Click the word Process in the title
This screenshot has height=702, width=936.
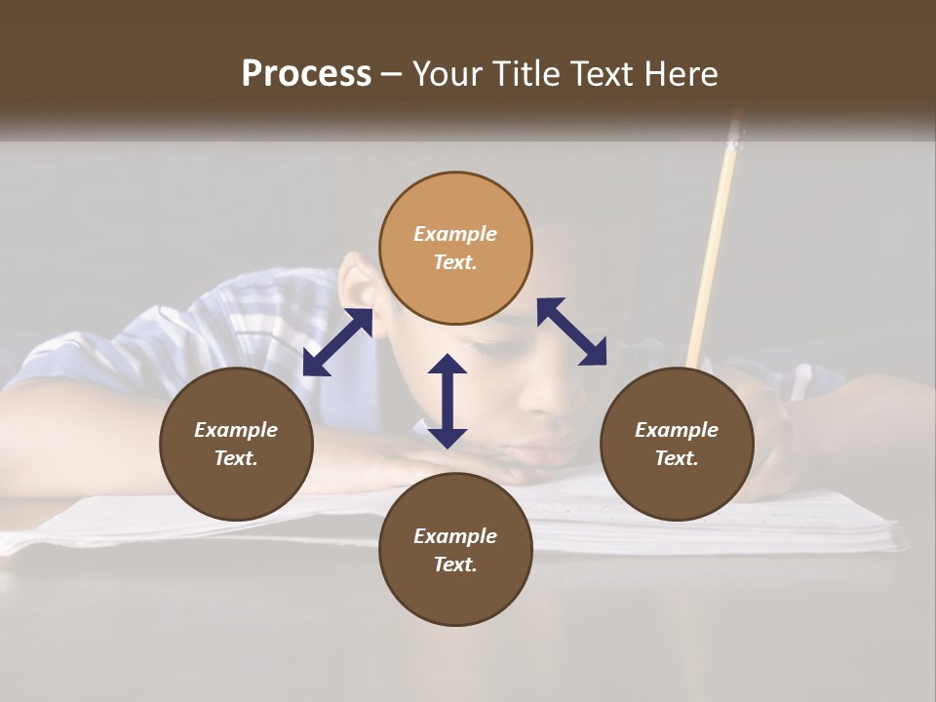coord(306,74)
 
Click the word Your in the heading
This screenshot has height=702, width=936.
coord(449,74)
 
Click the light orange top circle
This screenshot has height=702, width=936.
coord(455,248)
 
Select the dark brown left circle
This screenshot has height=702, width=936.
coord(236,444)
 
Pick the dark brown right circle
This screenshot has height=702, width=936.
coord(677,444)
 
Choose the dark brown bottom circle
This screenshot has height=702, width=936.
coord(455,550)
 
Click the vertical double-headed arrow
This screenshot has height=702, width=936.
coord(448,401)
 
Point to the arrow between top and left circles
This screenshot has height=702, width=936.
coord(337,342)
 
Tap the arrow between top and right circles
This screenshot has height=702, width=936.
coord(571,331)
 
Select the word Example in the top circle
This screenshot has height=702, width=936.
coord(455,234)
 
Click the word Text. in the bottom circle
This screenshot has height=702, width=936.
coord(455,565)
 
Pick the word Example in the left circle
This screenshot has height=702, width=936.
coord(236,430)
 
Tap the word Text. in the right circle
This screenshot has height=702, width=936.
coord(677,458)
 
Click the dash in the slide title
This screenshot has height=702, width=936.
coord(392,75)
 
